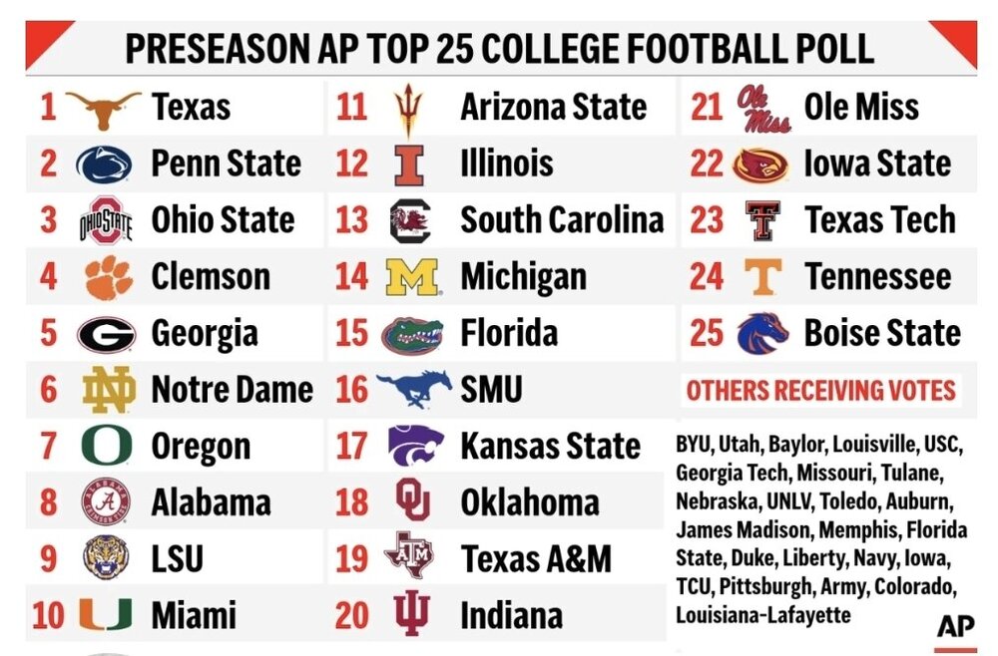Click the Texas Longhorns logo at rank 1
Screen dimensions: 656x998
coord(104,108)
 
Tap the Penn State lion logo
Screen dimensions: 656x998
coord(104,164)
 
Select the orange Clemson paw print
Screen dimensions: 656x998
coord(108,277)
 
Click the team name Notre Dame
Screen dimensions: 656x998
coord(232,390)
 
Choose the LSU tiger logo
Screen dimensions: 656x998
coord(106,558)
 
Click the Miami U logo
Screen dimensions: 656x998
coord(105,615)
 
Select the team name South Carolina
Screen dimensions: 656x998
coord(562,220)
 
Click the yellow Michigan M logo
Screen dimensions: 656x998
coord(412,277)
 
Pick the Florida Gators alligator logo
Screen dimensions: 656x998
coord(412,334)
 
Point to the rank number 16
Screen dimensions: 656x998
coord(351,390)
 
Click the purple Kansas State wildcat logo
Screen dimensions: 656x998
coord(415,446)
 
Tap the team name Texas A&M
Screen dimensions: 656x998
coord(536,559)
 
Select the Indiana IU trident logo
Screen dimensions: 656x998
coord(410,614)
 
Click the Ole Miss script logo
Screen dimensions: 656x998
coord(763,108)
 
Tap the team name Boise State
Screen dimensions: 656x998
coord(882,334)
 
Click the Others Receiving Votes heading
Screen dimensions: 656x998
coord(821,391)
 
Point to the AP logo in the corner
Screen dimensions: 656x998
coord(955,627)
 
